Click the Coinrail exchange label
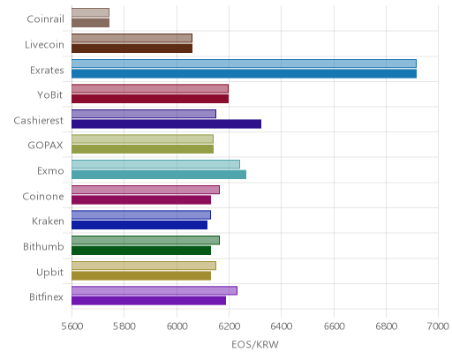[x=45, y=19]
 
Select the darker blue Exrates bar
[x=244, y=74]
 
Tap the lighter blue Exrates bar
[x=244, y=64]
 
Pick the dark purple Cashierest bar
[x=166, y=124]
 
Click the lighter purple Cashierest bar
[x=144, y=114]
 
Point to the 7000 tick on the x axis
[x=438, y=326]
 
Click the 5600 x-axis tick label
[x=72, y=326]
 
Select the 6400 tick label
[x=281, y=326]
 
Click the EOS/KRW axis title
[x=255, y=344]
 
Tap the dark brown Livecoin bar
[x=132, y=49]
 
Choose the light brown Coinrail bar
[x=90, y=12]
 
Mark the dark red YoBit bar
[x=150, y=99]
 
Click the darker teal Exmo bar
[x=159, y=175]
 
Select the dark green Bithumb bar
[x=141, y=251]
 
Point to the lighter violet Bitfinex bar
[x=154, y=290]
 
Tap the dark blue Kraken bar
[x=139, y=225]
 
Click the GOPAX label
[x=45, y=146]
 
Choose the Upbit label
[x=49, y=273]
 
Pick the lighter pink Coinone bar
[x=146, y=190]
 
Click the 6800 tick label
[x=387, y=326]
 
